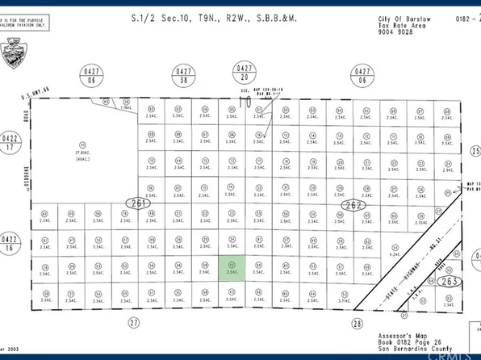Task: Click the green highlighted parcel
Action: tap(232, 268)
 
